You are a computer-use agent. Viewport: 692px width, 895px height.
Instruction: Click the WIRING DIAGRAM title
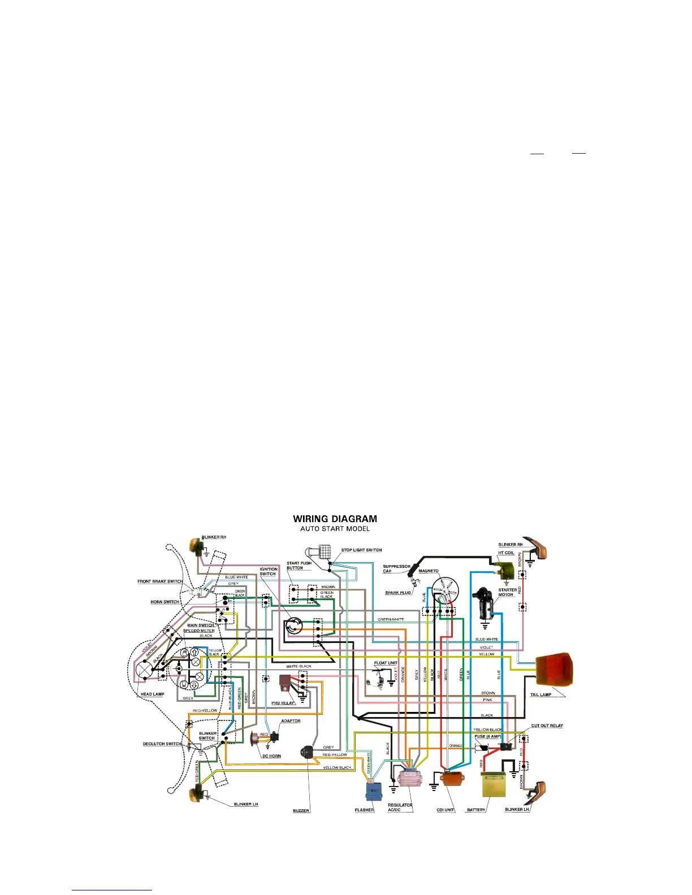click(335, 519)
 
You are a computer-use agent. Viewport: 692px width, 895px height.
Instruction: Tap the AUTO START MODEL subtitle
click(335, 529)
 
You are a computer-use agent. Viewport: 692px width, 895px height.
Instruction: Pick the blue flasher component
click(373, 789)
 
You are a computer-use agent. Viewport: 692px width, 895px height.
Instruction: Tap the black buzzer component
click(308, 753)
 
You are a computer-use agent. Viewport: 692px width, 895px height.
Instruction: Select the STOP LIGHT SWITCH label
click(361, 550)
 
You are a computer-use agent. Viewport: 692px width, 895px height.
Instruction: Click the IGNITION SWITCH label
click(269, 571)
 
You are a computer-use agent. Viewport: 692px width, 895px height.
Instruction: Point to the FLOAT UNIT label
click(386, 663)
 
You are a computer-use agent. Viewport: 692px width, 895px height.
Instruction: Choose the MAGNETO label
click(429, 571)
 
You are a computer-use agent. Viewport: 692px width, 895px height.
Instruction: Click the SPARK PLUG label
click(398, 593)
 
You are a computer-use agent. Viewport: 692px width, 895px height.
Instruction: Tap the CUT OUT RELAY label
click(547, 725)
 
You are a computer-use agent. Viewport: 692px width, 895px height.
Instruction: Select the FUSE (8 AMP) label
click(487, 736)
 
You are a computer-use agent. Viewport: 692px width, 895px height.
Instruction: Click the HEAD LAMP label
click(152, 694)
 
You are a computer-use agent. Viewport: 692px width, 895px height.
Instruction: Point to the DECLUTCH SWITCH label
click(162, 744)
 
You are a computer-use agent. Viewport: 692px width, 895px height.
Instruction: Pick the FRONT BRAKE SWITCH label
click(160, 581)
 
